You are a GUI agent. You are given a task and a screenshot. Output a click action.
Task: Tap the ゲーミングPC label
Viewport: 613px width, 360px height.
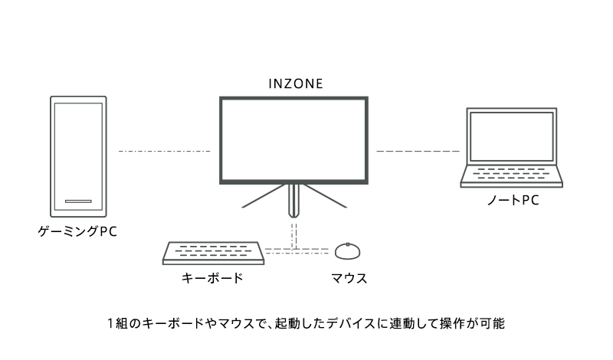click(x=77, y=230)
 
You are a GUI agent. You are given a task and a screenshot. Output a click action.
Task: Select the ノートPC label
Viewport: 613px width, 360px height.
click(x=512, y=201)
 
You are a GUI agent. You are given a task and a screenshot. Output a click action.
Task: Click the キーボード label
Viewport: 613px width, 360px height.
click(x=212, y=278)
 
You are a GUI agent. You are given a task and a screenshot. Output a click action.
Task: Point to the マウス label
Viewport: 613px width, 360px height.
click(x=348, y=278)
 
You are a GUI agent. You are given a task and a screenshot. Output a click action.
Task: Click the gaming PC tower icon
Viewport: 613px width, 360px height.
click(x=77, y=156)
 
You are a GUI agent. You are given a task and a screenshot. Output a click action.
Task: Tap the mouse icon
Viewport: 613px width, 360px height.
click(x=348, y=251)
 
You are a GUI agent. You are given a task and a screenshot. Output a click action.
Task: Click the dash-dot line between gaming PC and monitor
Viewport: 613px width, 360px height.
click(x=164, y=152)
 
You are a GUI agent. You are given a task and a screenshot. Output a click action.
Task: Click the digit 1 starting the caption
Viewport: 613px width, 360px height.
click(x=112, y=324)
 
